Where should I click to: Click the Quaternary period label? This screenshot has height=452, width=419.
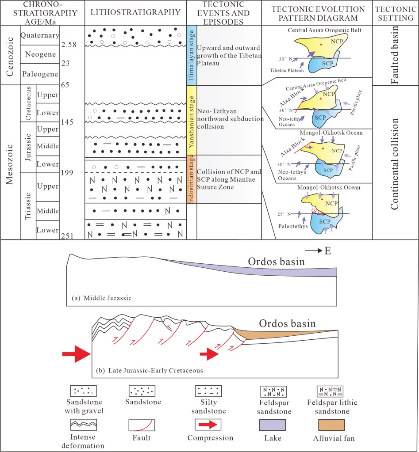tap(40, 36)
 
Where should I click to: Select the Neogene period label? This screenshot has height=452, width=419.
tap(40, 55)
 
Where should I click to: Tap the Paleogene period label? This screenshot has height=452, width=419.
tap(40, 75)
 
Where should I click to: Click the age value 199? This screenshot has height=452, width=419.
tap(66, 172)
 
